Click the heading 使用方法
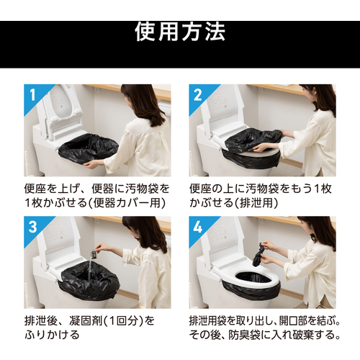[180, 32]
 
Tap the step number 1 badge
[33, 95]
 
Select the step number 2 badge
[197, 95]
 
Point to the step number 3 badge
[33, 227]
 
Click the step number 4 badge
[197, 227]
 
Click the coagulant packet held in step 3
[92, 253]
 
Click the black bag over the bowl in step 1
[89, 149]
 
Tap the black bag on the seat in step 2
[253, 140]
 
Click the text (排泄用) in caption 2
[256, 203]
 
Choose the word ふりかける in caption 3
[52, 335]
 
